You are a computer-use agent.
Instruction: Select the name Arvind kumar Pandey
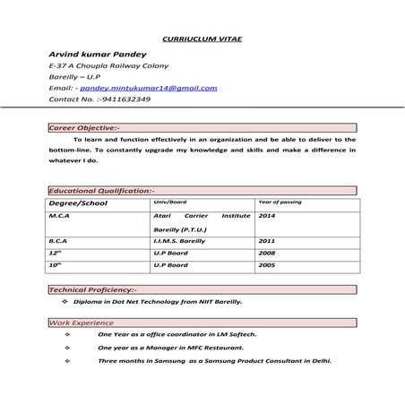point(91,55)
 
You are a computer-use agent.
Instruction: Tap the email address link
point(148,88)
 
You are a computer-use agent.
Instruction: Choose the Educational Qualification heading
point(101,191)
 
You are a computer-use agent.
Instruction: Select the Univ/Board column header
point(170,202)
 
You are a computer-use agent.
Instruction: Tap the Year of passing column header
point(280,202)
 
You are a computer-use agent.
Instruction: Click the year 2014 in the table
point(267,216)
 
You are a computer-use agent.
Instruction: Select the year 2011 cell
point(266,241)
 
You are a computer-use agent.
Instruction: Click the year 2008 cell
point(266,254)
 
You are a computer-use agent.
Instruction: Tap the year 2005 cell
point(266,265)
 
